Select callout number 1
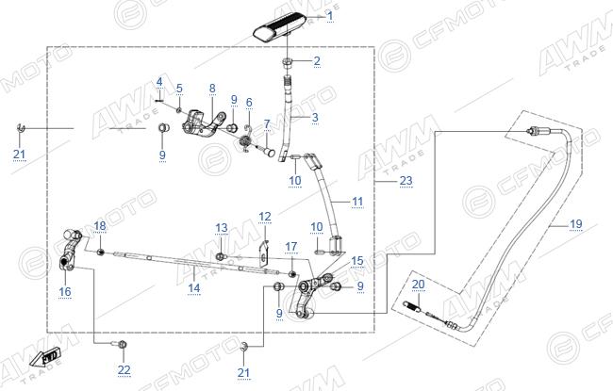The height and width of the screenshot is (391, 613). pos(330,16)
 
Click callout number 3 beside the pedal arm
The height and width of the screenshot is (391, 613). pos(315,117)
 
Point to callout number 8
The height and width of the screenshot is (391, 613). pos(212,89)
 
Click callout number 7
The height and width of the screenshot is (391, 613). pos(267,123)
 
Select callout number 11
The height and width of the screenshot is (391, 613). pos(357,202)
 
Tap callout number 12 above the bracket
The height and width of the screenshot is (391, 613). pos(265,217)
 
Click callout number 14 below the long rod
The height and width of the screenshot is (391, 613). pos(194,288)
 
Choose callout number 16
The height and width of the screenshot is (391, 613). pos(65,291)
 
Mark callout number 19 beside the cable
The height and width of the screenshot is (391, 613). pos(576,224)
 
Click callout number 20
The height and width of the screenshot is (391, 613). pos(419,285)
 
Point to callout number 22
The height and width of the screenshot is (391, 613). pos(124,369)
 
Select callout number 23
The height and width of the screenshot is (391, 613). pos(406,181)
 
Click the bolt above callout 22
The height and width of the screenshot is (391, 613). pos(119,344)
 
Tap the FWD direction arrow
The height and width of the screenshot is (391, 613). pos(45,357)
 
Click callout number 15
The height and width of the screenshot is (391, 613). pos(357,261)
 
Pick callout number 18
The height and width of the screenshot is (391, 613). pos(100,226)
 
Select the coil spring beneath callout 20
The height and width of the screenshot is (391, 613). pos(412,306)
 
